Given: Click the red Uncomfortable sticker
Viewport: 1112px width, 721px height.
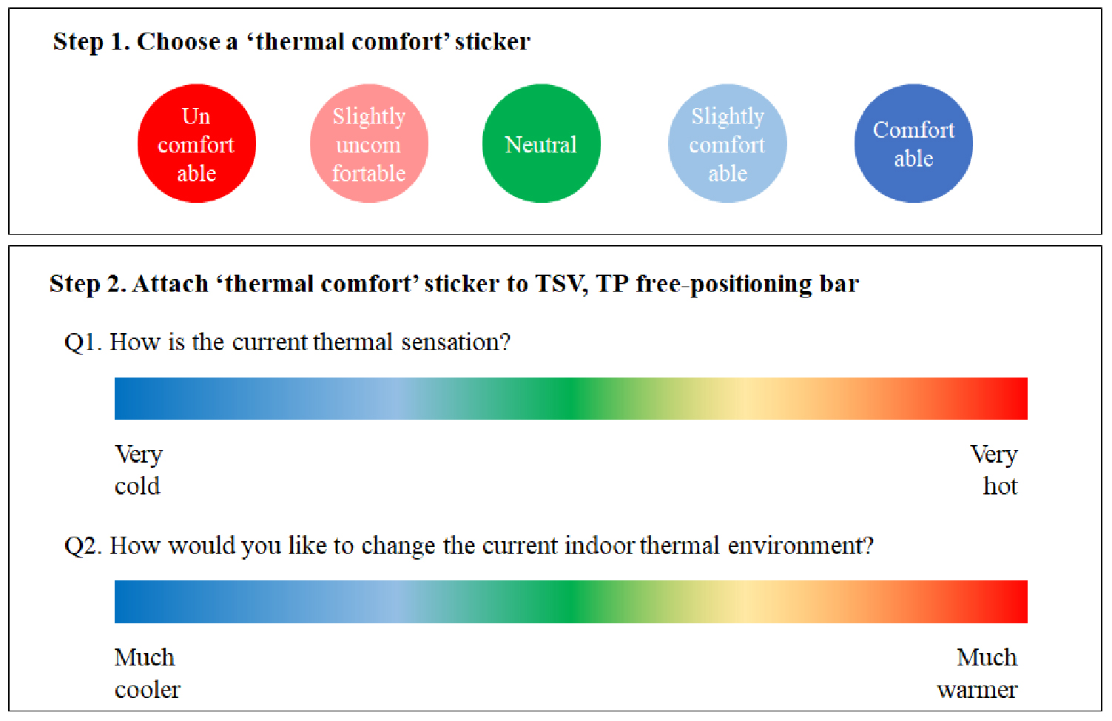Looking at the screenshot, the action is click(x=197, y=144).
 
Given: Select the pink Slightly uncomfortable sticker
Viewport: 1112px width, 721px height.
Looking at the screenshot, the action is click(x=369, y=144).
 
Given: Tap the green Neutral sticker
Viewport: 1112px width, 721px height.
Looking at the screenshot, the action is click(x=541, y=144).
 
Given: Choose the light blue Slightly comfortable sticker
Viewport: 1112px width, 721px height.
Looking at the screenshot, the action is click(x=727, y=144).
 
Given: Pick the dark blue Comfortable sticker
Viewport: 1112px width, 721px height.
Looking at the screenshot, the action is click(x=914, y=144).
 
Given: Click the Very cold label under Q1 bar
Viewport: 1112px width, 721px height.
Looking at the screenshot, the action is click(x=138, y=470).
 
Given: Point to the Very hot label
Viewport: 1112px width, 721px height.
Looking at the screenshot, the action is click(x=994, y=470).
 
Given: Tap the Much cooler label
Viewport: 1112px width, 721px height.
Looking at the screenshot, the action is click(x=147, y=674).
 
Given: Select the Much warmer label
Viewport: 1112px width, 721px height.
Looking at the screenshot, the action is click(x=977, y=674).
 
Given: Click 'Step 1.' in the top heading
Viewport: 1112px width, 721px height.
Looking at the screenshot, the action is click(x=91, y=41).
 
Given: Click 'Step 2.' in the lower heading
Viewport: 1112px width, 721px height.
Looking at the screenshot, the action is click(x=88, y=284).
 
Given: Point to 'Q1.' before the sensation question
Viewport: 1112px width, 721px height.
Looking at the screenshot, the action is click(x=83, y=343).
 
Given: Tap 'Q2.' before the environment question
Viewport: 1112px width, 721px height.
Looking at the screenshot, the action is click(x=83, y=546).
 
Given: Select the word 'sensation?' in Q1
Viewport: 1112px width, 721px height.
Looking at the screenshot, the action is click(x=456, y=343).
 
